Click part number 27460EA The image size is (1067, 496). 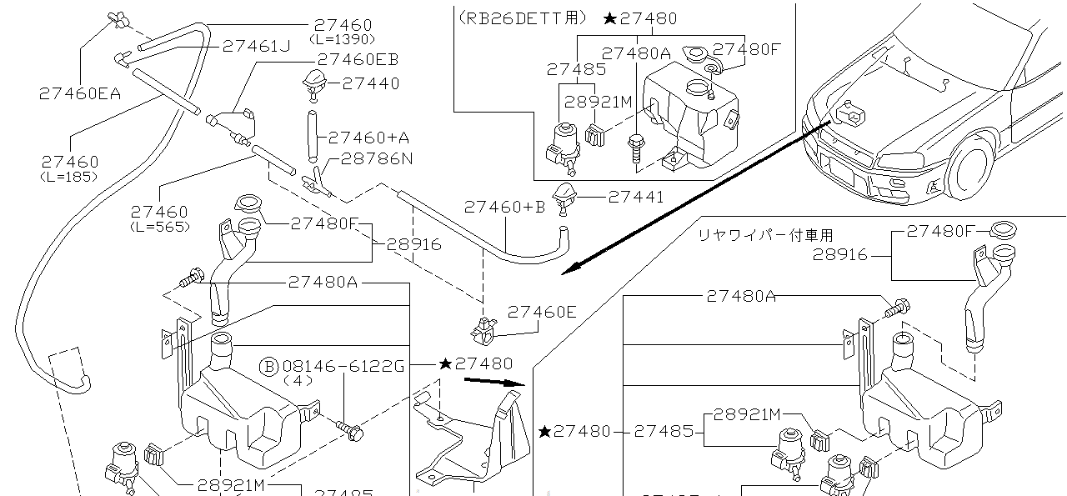(x=79, y=93)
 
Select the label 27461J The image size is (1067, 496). (x=255, y=46)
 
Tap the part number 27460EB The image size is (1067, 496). (x=358, y=59)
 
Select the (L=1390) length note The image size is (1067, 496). (x=342, y=38)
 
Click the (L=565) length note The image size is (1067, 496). (x=158, y=226)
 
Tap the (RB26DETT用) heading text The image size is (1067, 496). (x=523, y=18)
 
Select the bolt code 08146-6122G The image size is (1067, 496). (x=343, y=365)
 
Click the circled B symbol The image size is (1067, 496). (x=269, y=365)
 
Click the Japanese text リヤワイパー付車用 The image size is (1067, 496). (x=765, y=236)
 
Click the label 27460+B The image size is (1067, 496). (x=504, y=206)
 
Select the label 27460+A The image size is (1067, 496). (x=368, y=137)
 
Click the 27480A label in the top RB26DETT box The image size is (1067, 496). (x=635, y=53)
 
